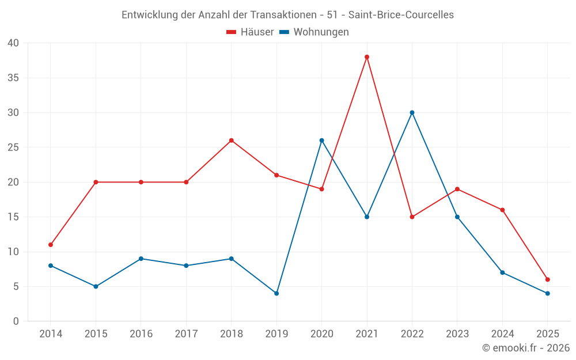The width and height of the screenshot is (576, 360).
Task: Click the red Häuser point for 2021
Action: (x=367, y=57)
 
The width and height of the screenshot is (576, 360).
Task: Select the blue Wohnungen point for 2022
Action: (x=412, y=112)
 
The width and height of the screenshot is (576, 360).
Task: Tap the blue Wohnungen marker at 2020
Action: (x=321, y=141)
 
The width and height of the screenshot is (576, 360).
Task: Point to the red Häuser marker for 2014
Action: (x=51, y=245)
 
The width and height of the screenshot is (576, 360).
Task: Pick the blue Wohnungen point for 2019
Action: (x=276, y=293)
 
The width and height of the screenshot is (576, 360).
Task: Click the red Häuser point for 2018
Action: (x=231, y=141)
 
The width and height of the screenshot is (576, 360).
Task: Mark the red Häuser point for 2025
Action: (x=547, y=279)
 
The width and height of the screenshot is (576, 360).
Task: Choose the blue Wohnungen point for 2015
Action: (x=96, y=286)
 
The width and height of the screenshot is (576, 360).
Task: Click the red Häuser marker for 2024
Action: (x=502, y=210)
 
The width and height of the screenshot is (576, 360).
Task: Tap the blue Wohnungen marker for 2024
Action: (x=502, y=272)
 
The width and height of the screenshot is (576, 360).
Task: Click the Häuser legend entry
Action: (x=250, y=32)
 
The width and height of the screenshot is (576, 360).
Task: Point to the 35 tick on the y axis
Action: (x=13, y=78)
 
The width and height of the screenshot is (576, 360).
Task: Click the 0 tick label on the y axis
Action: (x=16, y=321)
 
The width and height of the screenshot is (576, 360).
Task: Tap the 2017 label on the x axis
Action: (x=186, y=334)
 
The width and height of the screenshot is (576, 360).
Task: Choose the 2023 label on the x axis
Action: (x=457, y=334)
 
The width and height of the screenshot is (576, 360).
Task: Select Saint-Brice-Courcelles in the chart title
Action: (x=401, y=15)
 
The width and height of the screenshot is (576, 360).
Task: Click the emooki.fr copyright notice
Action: (x=525, y=348)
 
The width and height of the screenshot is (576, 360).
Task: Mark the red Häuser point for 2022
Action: (x=412, y=217)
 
